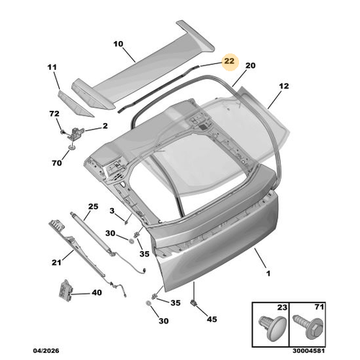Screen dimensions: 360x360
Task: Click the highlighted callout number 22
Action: pyautogui.click(x=229, y=61)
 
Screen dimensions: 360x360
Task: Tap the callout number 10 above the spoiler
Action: pyautogui.click(x=118, y=44)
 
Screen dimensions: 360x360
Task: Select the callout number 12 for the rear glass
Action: pyautogui.click(x=284, y=86)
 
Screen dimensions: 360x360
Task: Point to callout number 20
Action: pyautogui.click(x=250, y=66)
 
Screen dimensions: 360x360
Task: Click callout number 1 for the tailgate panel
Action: pyautogui.click(x=269, y=274)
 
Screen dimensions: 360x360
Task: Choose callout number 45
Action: pyautogui.click(x=212, y=319)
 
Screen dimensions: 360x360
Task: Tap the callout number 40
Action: pyautogui.click(x=96, y=292)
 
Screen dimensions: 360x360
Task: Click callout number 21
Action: pyautogui.click(x=56, y=263)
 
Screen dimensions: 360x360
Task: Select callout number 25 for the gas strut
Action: pyautogui.click(x=93, y=207)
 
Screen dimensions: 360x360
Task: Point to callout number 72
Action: pyautogui.click(x=54, y=114)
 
